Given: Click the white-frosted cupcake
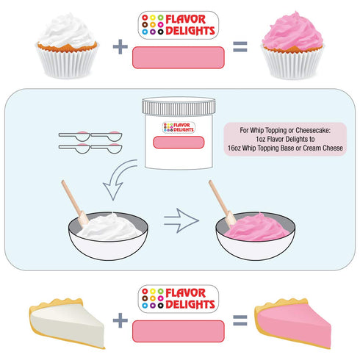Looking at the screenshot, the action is tap(67, 46).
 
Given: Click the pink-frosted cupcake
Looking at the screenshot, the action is tap(292, 46).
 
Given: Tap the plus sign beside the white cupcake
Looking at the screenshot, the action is tap(120, 46).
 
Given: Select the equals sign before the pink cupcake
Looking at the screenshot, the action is tap(240, 46).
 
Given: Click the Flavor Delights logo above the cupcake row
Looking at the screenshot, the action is tap(179, 25).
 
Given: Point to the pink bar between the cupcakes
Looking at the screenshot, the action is tap(179, 57).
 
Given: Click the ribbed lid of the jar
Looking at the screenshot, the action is tap(179, 107).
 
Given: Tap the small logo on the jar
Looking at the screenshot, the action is tap(179, 127).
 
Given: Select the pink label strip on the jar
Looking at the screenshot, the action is tap(179, 143).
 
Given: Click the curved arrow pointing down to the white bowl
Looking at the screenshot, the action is tap(118, 177).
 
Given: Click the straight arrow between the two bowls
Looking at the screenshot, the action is tap(181, 220).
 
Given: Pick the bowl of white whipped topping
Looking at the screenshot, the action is tap(108, 235).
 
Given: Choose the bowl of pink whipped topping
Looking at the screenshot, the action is tap(256, 235).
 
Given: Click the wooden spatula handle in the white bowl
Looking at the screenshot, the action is tap(72, 197).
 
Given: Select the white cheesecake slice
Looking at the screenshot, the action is tap(67, 323).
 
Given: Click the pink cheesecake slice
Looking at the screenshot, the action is tap(293, 323).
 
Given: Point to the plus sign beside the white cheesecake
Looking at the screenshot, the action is tap(120, 320).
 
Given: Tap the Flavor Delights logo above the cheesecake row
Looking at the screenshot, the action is tap(179, 299).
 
